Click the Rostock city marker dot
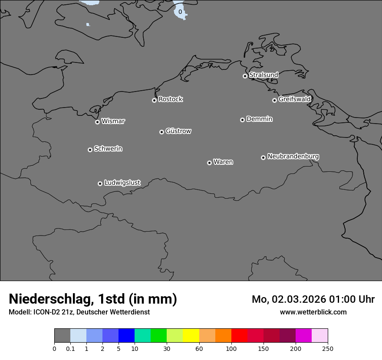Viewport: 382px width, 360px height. click(154, 100)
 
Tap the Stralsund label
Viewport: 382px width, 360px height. click(263, 75)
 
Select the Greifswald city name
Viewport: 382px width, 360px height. click(294, 99)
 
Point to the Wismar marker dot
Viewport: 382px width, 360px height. click(97, 122)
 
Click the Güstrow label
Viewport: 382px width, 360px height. click(178, 131)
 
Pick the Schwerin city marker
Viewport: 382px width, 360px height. click(90, 150)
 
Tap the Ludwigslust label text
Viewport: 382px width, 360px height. click(122, 183)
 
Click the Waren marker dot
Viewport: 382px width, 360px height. click(209, 163)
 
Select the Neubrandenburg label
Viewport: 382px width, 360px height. click(293, 157)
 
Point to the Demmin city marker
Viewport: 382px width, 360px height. click(242, 120)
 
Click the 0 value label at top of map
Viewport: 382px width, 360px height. click(180, 12)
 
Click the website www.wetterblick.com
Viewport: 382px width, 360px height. click(313, 312)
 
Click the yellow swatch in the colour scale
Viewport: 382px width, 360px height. click(191, 336)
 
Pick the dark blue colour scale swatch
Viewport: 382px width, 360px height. click(126, 336)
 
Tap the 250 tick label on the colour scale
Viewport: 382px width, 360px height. click(328, 348)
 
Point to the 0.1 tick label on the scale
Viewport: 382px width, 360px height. click(70, 348)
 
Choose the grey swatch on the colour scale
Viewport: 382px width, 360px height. click(62, 336)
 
